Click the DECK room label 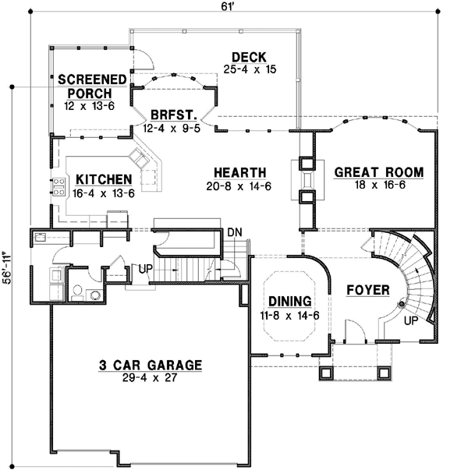pyautogui.click(x=250, y=57)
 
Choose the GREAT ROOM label pyautogui.click(x=378, y=172)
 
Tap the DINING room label pyautogui.click(x=290, y=301)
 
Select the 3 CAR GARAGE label pyautogui.click(x=151, y=364)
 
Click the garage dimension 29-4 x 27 pyautogui.click(x=151, y=378)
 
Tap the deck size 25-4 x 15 pyautogui.click(x=250, y=70)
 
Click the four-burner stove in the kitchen pyautogui.click(x=58, y=186)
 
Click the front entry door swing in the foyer pyautogui.click(x=356, y=334)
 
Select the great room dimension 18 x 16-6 pyautogui.click(x=378, y=186)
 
